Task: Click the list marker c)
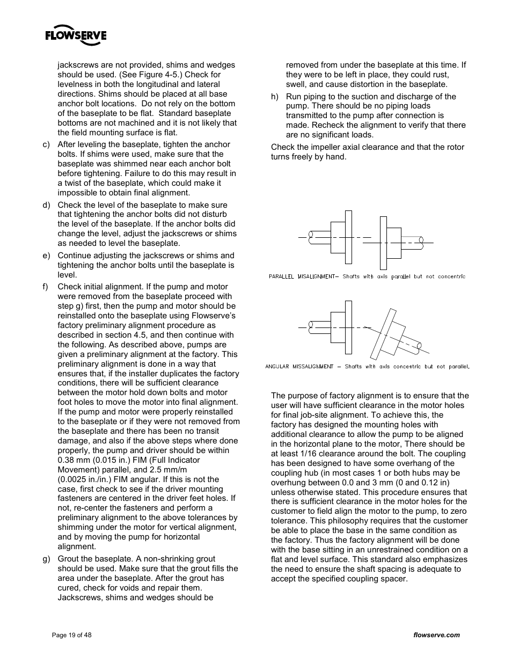pos(47,144)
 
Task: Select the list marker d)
pos(47,205)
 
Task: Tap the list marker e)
pos(47,256)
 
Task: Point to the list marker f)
pos(46,287)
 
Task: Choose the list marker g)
pos(47,559)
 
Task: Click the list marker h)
pos(275,97)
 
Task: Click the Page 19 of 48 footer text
pos(71,635)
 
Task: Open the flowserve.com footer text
pos(437,635)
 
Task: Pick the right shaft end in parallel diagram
pos(421,243)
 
